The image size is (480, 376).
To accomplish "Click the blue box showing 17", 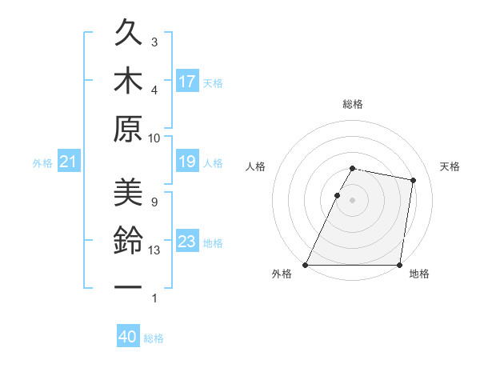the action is [187, 82].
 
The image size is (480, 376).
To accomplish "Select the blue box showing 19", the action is [187, 162].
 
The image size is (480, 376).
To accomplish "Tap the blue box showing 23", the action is [187, 242].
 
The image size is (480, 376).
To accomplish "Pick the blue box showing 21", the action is [68, 162].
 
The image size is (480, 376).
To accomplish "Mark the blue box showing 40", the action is [127, 337].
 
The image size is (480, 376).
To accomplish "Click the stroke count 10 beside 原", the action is [154, 138].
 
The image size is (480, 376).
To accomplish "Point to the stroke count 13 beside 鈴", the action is [154, 250].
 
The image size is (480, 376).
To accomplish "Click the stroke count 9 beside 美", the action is [154, 202].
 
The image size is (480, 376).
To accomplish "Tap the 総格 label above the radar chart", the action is [353, 104].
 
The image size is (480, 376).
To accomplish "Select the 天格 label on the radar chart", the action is [450, 166].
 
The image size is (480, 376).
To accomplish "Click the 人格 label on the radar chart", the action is [256, 166].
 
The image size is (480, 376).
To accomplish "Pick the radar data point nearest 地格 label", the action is [399, 265].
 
